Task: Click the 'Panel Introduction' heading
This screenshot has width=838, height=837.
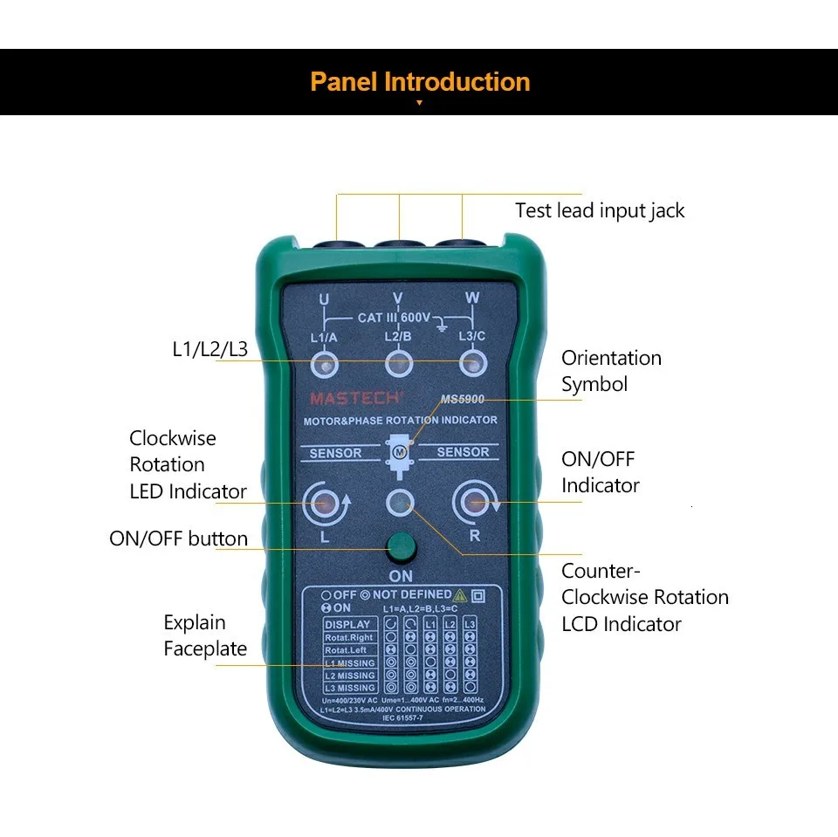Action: [420, 82]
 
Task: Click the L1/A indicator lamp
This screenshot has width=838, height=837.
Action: [324, 363]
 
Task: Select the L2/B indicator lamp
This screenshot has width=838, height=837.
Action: [399, 363]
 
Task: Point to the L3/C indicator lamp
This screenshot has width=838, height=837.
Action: [474, 363]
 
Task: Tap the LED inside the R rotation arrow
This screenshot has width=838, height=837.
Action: [475, 503]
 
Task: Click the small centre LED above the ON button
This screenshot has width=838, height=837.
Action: [400, 502]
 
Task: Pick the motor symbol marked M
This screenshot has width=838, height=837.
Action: [400, 451]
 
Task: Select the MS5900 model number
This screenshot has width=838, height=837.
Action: [463, 399]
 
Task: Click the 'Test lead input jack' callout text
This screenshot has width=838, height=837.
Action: [600, 210]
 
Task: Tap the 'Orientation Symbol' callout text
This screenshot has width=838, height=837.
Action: [611, 371]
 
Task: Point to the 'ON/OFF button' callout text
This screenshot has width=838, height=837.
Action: [178, 539]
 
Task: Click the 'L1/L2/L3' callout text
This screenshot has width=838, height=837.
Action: [209, 350]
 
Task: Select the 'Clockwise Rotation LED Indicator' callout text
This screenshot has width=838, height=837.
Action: [188, 464]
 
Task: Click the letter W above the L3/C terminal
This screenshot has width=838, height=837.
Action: [472, 298]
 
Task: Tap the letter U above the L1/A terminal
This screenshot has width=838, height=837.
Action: [324, 299]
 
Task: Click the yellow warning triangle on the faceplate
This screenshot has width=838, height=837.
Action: [460, 595]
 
